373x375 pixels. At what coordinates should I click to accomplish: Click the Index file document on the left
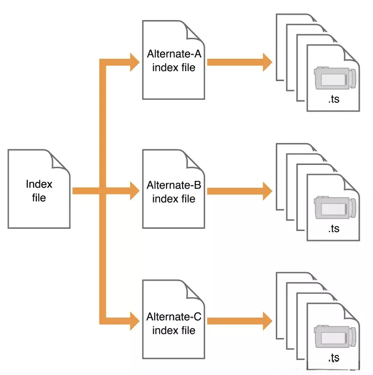pyautogui.click(x=39, y=189)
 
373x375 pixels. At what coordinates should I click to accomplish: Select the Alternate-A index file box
pyautogui.click(x=174, y=60)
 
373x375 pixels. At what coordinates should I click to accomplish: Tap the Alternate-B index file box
pyautogui.click(x=174, y=189)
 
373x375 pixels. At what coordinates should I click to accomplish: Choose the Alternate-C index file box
pyautogui.click(x=174, y=319)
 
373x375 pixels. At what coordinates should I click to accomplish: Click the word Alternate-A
pyautogui.click(x=174, y=54)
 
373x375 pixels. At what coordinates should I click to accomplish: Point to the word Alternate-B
pyautogui.click(x=174, y=185)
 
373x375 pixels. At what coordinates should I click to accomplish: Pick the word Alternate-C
pyautogui.click(x=174, y=317)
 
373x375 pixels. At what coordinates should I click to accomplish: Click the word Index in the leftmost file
pyautogui.click(x=39, y=184)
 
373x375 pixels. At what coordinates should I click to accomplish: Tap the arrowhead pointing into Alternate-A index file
pyautogui.click(x=135, y=62)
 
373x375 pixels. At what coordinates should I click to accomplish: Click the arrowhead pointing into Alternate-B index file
pyautogui.click(x=135, y=191)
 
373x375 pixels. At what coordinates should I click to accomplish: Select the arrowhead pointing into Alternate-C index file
pyautogui.click(x=135, y=321)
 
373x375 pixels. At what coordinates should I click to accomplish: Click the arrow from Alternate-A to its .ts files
pyautogui.click(x=239, y=62)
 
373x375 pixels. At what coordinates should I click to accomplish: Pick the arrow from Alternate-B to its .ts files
pyautogui.click(x=239, y=191)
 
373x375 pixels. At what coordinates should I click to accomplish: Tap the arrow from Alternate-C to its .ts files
pyautogui.click(x=239, y=321)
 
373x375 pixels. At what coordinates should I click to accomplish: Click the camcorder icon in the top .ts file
pyautogui.click(x=335, y=78)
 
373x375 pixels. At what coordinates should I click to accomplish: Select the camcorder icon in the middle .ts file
pyautogui.click(x=335, y=207)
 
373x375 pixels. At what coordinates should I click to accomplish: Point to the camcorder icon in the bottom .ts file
pyautogui.click(x=335, y=336)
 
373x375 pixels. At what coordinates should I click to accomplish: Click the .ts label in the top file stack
pyautogui.click(x=334, y=99)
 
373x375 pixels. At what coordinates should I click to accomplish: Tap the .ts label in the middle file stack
pyautogui.click(x=334, y=229)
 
